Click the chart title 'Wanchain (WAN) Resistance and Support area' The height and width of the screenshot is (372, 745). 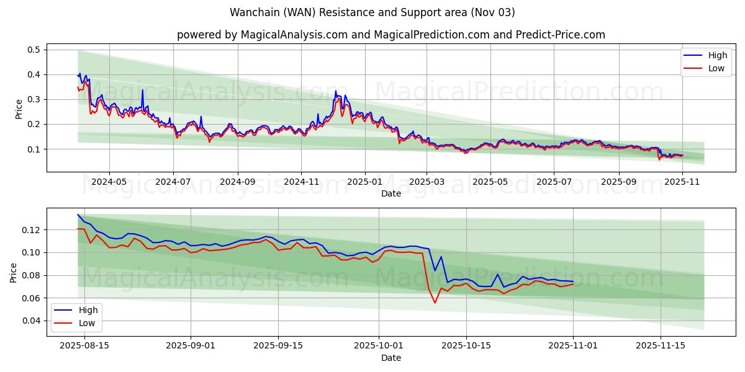coord(372,12)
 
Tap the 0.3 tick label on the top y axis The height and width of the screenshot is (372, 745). coord(34,99)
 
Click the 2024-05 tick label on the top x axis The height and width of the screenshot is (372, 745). coord(109,182)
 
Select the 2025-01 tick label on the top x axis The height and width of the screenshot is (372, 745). coord(364,182)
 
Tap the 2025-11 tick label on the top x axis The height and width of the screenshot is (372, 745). coord(682,182)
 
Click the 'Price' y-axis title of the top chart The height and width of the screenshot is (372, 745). coord(19,108)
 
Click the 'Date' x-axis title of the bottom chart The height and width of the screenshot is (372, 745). coord(391,358)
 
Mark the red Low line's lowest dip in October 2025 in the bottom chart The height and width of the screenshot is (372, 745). coord(435,303)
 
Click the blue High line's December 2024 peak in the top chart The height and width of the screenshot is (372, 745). coord(336,91)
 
